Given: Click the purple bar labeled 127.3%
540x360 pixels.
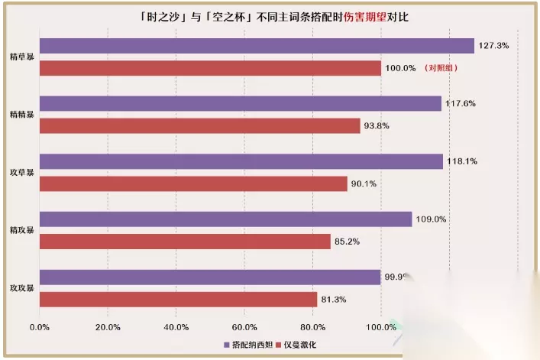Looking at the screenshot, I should [x=256, y=46].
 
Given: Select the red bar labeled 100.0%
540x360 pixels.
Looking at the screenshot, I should [x=210, y=68].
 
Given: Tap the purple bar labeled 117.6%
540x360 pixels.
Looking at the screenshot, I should [x=240, y=103].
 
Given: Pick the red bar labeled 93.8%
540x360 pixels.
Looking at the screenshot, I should [x=199, y=126].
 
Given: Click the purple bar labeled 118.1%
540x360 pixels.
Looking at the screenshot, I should [x=241, y=161].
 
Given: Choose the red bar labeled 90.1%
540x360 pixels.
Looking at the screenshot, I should [x=193, y=184].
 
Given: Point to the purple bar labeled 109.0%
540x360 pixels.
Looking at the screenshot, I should [x=225, y=219].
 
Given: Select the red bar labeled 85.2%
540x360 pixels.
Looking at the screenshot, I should [x=185, y=242].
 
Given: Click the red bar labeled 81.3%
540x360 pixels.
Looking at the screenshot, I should [x=178, y=300].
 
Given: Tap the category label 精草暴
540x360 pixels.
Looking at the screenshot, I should [x=21, y=57].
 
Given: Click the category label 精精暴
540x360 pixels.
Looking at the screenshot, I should [x=21, y=115].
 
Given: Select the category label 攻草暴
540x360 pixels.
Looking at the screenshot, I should [x=21, y=173].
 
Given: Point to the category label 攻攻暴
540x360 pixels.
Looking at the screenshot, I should [x=21, y=288].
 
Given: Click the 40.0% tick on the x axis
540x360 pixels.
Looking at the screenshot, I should [x=176, y=327].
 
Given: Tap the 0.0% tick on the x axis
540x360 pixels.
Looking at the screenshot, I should [x=40, y=327].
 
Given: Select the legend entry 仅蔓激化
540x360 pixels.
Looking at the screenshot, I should [x=299, y=345].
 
